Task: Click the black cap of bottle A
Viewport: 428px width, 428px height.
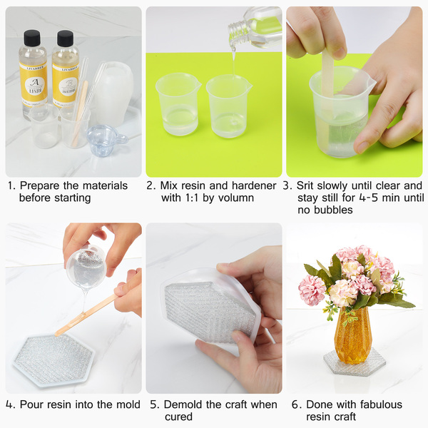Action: pos(32,38)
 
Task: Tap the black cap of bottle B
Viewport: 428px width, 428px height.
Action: pos(65,39)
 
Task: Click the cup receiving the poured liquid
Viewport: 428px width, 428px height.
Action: pos(229,106)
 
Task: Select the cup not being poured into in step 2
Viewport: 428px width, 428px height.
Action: pos(178,104)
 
